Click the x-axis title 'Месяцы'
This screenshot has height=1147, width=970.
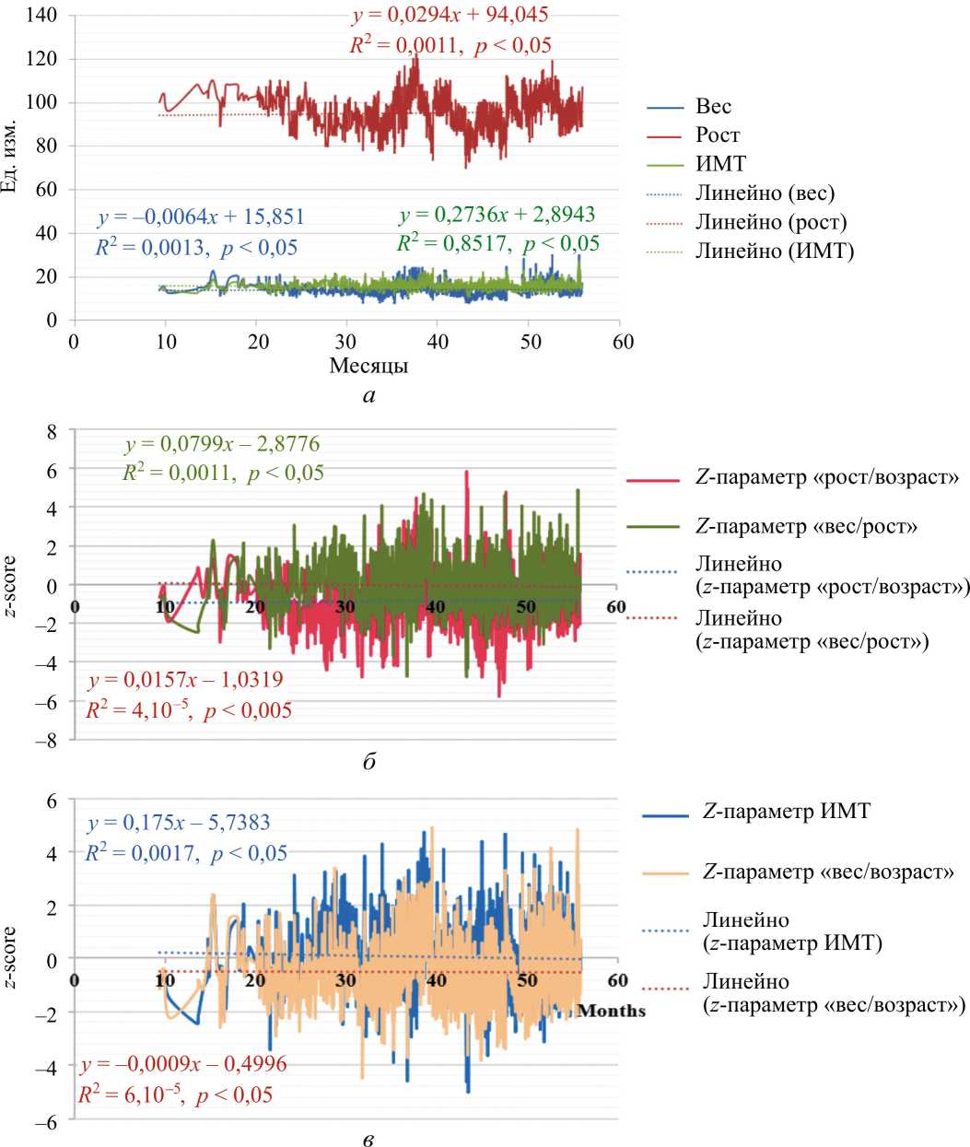(x=368, y=366)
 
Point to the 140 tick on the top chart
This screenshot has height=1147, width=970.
(x=42, y=16)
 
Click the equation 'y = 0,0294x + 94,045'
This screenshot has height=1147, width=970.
(x=450, y=16)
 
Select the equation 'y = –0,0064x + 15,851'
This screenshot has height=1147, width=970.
(x=201, y=217)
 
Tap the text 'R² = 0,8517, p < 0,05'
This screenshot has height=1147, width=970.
(x=498, y=243)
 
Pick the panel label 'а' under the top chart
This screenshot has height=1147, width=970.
(x=369, y=396)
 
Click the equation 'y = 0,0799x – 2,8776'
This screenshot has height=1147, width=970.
(x=222, y=444)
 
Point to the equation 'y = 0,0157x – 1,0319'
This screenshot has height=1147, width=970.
(x=185, y=680)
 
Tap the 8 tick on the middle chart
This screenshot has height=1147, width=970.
(x=52, y=431)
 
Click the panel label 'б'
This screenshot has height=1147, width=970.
(x=369, y=762)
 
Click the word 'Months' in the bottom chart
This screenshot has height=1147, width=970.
(x=612, y=1011)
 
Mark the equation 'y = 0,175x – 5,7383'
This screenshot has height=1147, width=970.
(x=178, y=823)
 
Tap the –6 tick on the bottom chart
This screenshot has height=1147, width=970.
(x=46, y=1123)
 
